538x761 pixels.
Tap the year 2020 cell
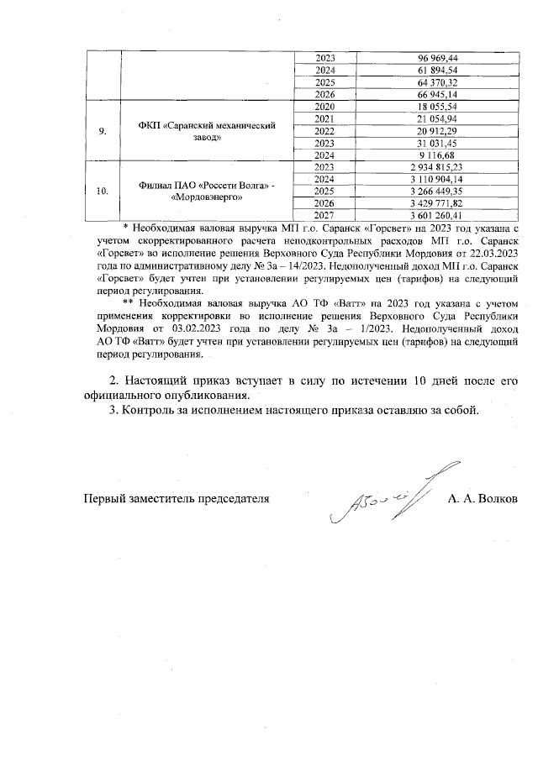(324, 108)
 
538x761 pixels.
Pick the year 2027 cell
(324, 216)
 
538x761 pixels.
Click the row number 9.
(102, 132)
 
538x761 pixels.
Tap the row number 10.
(102, 192)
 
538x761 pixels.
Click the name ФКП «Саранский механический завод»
(208, 132)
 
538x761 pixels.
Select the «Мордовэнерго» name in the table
(208, 198)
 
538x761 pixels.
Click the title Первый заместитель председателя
(176, 498)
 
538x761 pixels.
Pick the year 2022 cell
(324, 132)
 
